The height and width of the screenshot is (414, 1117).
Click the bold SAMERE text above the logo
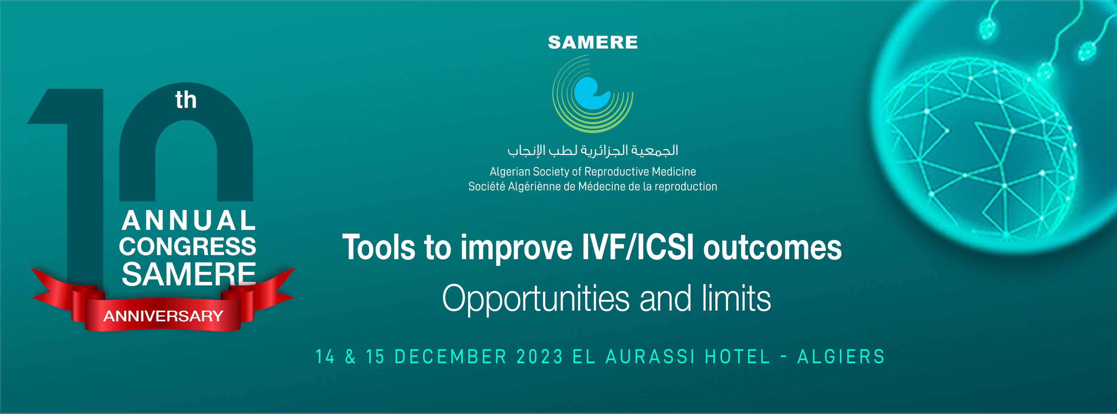[593, 43]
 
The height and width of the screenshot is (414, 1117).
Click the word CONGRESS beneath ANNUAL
[188, 247]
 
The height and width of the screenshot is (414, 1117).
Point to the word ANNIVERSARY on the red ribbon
[163, 316]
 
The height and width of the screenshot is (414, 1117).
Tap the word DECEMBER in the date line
[450, 357]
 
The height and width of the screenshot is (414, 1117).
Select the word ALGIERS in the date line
[841, 357]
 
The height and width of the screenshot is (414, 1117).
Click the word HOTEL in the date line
[738, 357]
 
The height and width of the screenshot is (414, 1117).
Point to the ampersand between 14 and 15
[350, 357]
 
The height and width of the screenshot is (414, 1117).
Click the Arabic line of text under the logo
[593, 150]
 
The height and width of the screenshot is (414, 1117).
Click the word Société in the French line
[487, 187]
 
